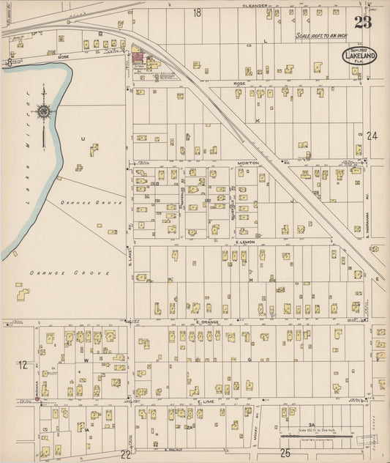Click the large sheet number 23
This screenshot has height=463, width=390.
pyautogui.click(x=363, y=21)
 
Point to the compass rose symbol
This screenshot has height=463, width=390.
pyautogui.click(x=44, y=111)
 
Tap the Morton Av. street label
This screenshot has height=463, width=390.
pyautogui.click(x=248, y=163)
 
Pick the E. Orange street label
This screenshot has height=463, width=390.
pyautogui.click(x=209, y=322)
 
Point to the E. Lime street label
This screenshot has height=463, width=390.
pyautogui.click(x=207, y=401)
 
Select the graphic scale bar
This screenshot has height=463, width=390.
pyautogui.click(x=322, y=437)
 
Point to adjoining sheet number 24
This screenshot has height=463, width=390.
pyautogui.click(x=372, y=136)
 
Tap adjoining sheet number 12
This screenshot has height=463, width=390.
pyautogui.click(x=23, y=364)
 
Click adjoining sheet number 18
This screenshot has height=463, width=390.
pyautogui.click(x=197, y=13)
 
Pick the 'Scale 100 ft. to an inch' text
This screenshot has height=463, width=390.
pyautogui.click(x=322, y=35)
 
